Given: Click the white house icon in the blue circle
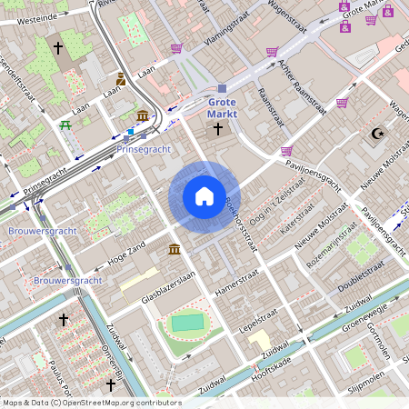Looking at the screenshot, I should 204,196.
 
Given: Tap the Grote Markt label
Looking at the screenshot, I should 223,108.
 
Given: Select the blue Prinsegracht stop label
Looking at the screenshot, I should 144,149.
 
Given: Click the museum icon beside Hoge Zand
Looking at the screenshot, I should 174,249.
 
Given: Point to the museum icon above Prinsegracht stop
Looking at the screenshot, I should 144,115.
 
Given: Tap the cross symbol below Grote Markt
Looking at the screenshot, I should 217,129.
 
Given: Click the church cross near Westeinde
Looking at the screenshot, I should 59,46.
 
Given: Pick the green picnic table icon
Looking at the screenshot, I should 65,125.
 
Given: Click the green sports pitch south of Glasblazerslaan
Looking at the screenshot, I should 188,323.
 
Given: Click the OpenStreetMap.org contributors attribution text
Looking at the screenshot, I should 118,402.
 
